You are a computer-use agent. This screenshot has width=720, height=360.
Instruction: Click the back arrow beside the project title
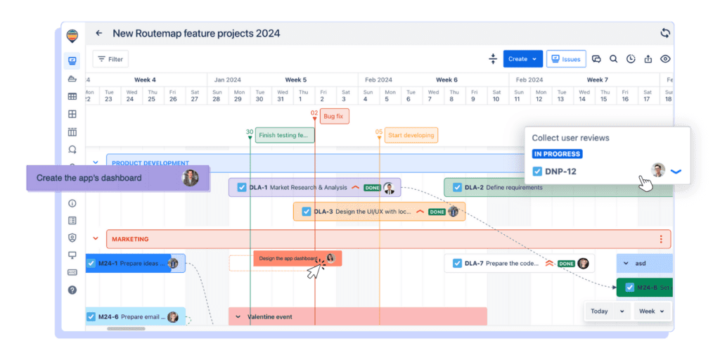coord(99,33)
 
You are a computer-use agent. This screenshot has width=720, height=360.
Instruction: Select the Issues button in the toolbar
coord(566,59)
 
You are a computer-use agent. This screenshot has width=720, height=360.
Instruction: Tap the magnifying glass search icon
coord(613,59)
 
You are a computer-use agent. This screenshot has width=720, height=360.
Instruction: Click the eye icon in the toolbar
coord(665,59)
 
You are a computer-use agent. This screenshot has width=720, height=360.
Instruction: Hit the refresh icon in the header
coord(665,33)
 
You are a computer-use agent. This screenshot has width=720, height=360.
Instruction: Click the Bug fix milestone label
coord(334,116)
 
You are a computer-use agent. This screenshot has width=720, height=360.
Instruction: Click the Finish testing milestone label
coord(284,135)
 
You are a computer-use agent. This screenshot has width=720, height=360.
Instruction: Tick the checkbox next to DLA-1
coord(241,188)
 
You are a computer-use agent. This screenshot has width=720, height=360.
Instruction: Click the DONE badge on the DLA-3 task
coord(437,212)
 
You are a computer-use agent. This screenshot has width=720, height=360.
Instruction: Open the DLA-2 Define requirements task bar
coord(513,188)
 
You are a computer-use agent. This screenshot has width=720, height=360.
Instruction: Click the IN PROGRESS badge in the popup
coord(557,154)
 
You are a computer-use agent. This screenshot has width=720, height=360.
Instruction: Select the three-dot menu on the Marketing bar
coord(661,239)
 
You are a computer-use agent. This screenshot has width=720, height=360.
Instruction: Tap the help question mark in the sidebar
coord(72,290)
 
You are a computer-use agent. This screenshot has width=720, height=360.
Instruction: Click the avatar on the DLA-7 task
coord(583,264)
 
